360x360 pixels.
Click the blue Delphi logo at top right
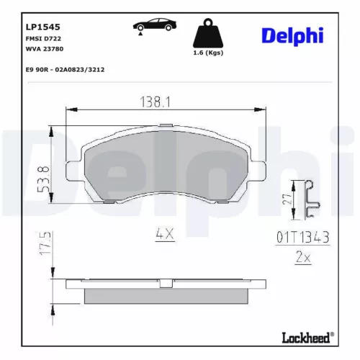pos(292,35)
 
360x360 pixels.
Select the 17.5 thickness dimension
pos(45,246)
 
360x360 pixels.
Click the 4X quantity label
pos(165,233)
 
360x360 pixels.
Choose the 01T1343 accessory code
pos(302,236)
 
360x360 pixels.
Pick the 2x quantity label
pos(302,256)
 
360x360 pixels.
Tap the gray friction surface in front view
pos(165,169)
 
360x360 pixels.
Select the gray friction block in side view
pos(165,296)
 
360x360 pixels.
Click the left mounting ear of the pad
pos(76,171)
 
